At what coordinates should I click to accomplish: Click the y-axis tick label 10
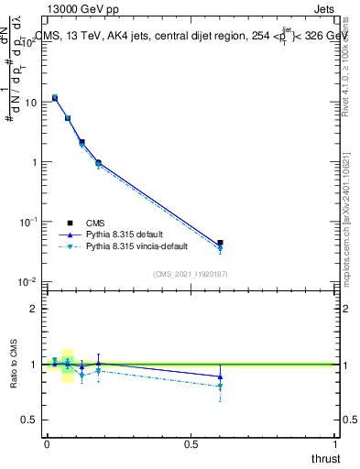(31, 103)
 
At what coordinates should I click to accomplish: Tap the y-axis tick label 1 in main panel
(34, 162)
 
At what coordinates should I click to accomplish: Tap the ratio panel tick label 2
(34, 309)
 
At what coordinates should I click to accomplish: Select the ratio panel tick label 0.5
(30, 420)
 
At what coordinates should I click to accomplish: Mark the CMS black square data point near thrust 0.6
(220, 243)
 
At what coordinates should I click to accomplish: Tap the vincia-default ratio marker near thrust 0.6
(220, 387)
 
